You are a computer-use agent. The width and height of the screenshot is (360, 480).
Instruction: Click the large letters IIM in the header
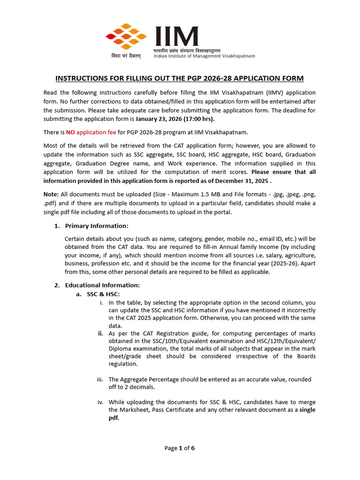click(x=176, y=36)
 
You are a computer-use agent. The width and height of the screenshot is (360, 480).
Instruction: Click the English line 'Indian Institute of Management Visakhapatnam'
click(x=204, y=56)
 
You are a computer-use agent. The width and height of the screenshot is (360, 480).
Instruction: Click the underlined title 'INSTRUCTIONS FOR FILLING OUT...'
click(x=180, y=78)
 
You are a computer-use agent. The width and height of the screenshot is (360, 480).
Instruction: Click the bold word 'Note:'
click(x=52, y=195)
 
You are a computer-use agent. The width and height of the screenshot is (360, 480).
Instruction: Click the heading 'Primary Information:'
click(x=97, y=226)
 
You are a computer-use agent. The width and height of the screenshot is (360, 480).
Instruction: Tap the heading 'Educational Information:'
click(x=102, y=285)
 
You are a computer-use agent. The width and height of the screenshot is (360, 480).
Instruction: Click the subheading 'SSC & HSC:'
click(x=103, y=294)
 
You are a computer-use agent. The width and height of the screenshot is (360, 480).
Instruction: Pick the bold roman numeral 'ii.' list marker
click(x=100, y=334)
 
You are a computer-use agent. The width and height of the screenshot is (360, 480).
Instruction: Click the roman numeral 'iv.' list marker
click(x=100, y=402)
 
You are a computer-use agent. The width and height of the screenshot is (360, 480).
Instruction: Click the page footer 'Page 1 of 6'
click(x=180, y=448)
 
